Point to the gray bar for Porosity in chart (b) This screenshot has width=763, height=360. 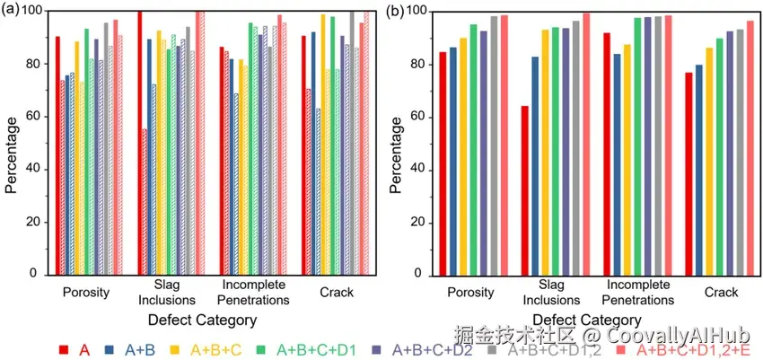pos(494,145)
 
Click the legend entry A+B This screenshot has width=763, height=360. pos(125,350)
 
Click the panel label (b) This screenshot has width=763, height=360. pos(396,11)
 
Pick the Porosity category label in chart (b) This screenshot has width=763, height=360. pos(469,292)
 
